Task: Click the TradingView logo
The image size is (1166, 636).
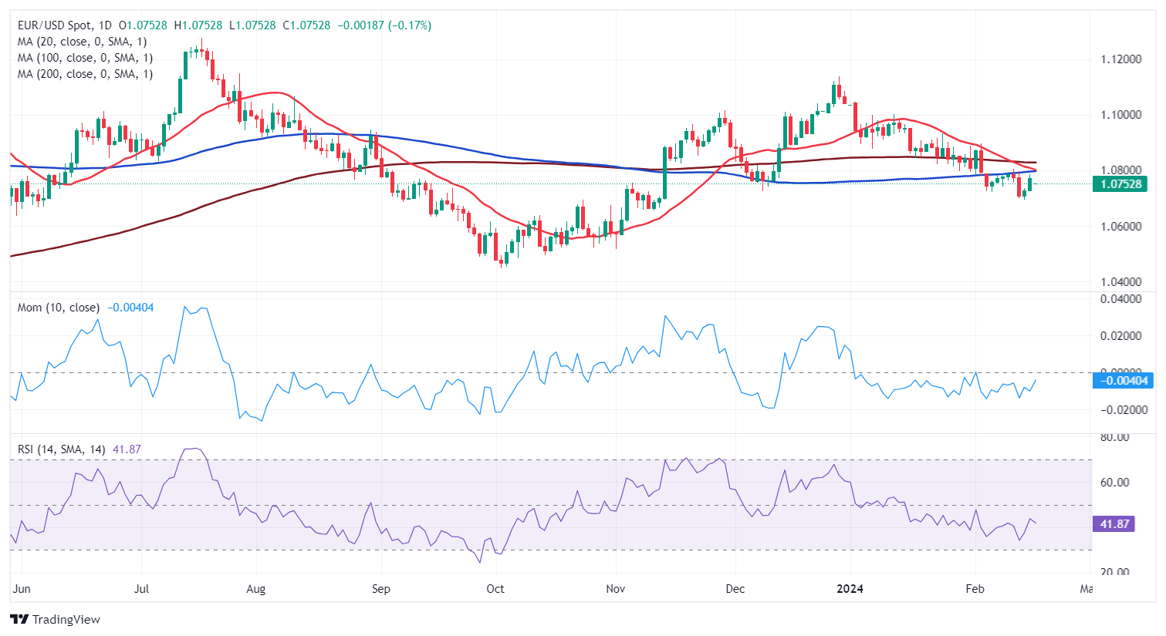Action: [x=55, y=619]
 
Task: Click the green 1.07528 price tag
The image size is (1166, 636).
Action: [x=1120, y=183]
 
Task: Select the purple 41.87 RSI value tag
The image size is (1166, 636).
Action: [x=1114, y=524]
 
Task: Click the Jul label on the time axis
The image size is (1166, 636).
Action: [x=141, y=589]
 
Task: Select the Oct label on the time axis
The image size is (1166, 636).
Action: [x=495, y=589]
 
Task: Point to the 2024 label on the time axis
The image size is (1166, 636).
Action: [x=850, y=589]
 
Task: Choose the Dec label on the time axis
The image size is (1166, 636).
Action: [x=735, y=589]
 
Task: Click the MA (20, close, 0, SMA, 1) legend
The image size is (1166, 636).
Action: [x=82, y=42]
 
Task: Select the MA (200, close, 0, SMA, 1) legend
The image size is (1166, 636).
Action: [x=85, y=74]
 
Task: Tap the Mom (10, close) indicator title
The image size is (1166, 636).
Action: [x=59, y=308]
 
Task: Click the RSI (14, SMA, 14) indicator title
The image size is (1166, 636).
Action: [x=62, y=449]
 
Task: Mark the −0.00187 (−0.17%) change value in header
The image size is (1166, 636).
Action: [x=384, y=25]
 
